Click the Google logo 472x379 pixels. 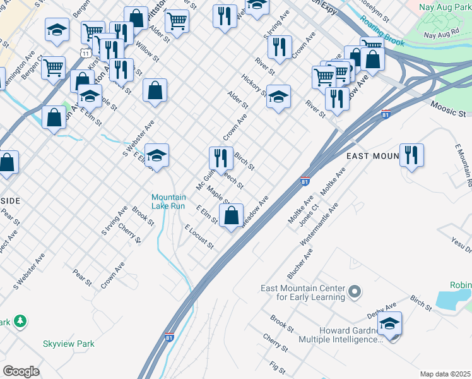[21, 371]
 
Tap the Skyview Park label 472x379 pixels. [68, 344]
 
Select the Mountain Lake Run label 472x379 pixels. [168, 202]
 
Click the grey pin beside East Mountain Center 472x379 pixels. [355, 292]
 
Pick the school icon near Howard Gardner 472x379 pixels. [390, 325]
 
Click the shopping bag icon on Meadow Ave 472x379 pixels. [232, 215]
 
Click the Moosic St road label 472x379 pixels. [449, 109]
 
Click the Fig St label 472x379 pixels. [277, 366]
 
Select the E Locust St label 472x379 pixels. [198, 236]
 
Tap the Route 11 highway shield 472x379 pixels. [84, 53]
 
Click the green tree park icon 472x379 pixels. [21, 321]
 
